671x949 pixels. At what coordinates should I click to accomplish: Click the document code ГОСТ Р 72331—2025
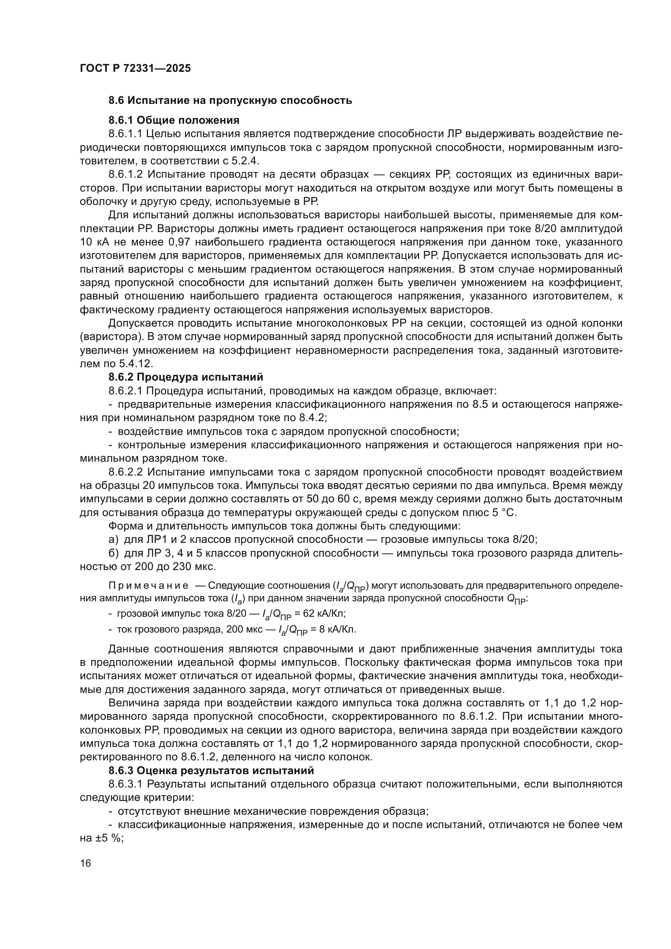(x=135, y=69)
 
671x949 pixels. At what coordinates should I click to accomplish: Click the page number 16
(x=86, y=863)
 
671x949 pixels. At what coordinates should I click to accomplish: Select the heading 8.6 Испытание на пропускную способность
(x=230, y=101)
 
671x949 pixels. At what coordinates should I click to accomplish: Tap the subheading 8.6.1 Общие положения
(x=174, y=120)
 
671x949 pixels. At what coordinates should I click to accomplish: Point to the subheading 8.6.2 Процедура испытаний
(x=185, y=377)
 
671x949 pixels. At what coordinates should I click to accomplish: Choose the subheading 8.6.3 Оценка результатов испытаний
(x=211, y=770)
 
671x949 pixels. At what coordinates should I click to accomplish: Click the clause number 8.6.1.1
(x=125, y=134)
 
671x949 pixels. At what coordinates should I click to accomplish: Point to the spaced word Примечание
(x=148, y=586)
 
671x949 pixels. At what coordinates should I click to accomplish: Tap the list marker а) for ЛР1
(x=113, y=540)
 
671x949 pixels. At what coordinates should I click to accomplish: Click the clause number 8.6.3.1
(x=125, y=784)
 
